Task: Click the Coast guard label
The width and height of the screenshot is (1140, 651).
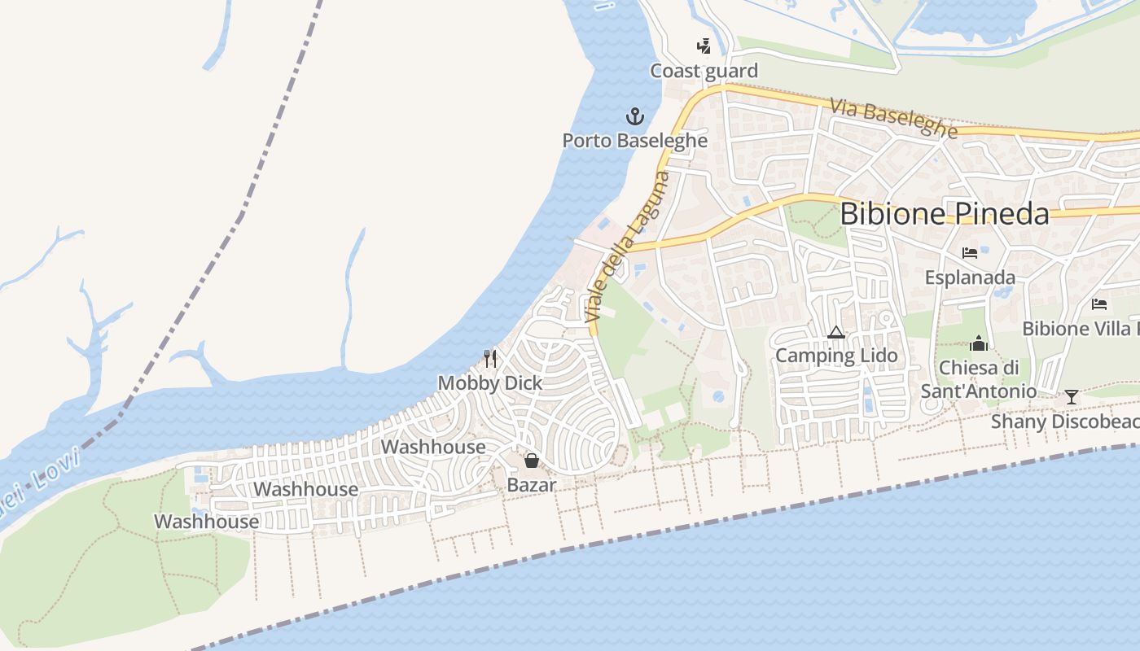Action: coord(704,71)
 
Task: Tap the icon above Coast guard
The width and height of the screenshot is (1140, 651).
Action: coord(704,46)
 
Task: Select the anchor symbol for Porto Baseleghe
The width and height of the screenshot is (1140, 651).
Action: coord(634,116)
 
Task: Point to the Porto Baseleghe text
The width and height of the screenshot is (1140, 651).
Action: coord(634,140)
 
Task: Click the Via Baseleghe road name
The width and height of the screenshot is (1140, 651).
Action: coord(893,118)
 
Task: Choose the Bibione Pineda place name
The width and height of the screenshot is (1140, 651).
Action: coord(944,213)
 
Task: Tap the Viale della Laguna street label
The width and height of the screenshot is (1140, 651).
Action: coord(628,245)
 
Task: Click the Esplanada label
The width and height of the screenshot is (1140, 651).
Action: coord(970,277)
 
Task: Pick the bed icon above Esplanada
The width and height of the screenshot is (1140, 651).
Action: coord(969,253)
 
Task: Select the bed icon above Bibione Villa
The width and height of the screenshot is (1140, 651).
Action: coord(1099,304)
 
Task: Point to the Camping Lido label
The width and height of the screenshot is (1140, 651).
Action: coord(836,356)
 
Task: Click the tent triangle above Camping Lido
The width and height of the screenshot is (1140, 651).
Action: coord(835,332)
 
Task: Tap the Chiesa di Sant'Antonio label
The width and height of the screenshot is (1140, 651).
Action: coord(978,379)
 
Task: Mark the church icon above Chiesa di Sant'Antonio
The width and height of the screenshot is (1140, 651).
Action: coord(979,343)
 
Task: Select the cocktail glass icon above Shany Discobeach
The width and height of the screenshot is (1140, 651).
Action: coord(1072,397)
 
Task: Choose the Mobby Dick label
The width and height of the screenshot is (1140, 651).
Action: coord(490,382)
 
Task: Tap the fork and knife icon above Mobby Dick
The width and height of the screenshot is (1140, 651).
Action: coord(490,358)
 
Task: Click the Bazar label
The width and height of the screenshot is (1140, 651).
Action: coord(532,485)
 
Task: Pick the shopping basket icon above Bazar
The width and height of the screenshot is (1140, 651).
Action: coord(532,461)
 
